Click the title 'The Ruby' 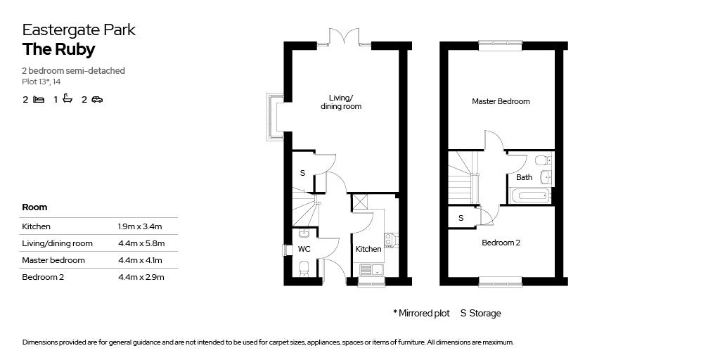(x=58, y=49)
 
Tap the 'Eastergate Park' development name (x=79, y=30)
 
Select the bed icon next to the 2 (x=39, y=100)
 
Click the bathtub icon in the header (x=67, y=99)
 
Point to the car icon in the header (x=97, y=100)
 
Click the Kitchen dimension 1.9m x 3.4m (x=141, y=226)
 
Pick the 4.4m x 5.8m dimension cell (x=141, y=243)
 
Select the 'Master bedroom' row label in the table (x=53, y=260)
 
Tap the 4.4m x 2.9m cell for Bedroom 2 (x=141, y=277)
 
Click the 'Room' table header (x=35, y=207)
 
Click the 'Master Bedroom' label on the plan (x=501, y=101)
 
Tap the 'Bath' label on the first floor (x=525, y=177)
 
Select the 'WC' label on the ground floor (x=304, y=249)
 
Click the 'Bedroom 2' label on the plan (x=501, y=243)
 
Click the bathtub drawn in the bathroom (x=530, y=195)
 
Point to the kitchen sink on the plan (x=371, y=269)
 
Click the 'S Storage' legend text (x=481, y=313)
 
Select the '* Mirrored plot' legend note (x=421, y=313)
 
